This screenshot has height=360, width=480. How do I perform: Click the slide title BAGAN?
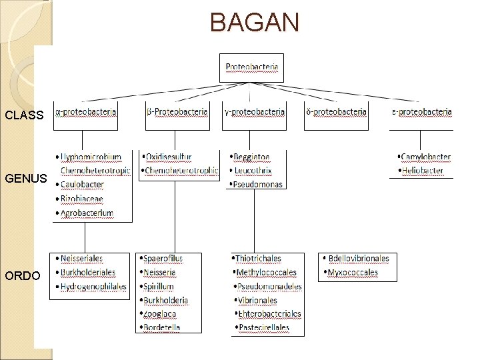click(x=255, y=22)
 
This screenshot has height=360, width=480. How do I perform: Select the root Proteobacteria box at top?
click(x=252, y=67)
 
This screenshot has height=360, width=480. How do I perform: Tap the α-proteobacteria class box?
click(x=86, y=112)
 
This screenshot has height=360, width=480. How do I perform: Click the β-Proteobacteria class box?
click(x=177, y=112)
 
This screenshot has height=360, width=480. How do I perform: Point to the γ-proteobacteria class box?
click(x=254, y=112)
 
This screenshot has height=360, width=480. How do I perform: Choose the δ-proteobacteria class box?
click(x=336, y=112)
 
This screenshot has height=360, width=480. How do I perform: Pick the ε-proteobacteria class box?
click(x=421, y=112)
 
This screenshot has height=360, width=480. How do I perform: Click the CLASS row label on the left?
click(x=24, y=115)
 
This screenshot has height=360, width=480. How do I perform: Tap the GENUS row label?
click(x=25, y=179)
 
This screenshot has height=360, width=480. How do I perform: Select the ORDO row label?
click(x=22, y=276)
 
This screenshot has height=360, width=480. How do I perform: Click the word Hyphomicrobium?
click(x=91, y=157)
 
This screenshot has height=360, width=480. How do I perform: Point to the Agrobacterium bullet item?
click(x=87, y=213)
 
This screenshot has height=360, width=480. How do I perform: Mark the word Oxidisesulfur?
click(x=169, y=157)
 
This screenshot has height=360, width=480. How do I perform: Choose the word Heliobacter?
click(x=423, y=171)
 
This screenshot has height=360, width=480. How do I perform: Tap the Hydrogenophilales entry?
click(x=93, y=286)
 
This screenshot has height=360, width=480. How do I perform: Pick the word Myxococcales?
click(x=353, y=272)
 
